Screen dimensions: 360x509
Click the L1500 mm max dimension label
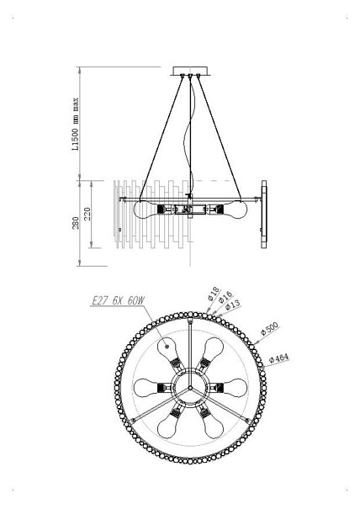pos(75,124)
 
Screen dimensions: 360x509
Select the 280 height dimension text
pos(76,223)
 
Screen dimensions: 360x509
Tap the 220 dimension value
pos(87,214)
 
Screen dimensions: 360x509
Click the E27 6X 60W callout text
pos(118,301)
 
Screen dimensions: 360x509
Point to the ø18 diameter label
pos(214,294)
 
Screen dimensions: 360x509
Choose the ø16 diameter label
pos(225,297)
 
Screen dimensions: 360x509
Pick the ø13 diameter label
pos(233,305)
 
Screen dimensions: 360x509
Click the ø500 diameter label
pos(270,328)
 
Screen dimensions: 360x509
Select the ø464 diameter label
pos(279,358)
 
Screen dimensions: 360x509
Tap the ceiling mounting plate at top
pos(191,71)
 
